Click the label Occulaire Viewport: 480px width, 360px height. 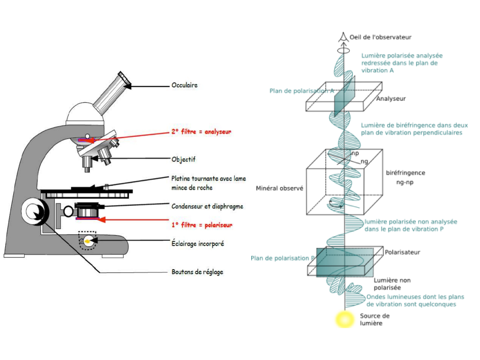pyautogui.click(x=184, y=85)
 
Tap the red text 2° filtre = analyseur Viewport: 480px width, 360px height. pyautogui.click(x=201, y=132)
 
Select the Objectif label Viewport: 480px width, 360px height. pyautogui.click(x=183, y=159)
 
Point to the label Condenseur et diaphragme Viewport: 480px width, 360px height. pyautogui.click(x=207, y=206)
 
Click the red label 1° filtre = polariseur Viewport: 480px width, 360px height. pyautogui.click(x=202, y=225)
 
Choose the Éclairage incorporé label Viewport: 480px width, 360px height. pyautogui.click(x=198, y=243)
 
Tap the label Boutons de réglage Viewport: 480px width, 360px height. pyautogui.click(x=197, y=272)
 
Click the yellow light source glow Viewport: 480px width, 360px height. pyautogui.click(x=345, y=319)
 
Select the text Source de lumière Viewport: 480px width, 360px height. pyautogui.click(x=375, y=319)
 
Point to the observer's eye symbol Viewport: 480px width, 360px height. pyautogui.click(x=343, y=37)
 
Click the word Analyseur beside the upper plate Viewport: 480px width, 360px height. pyautogui.click(x=391, y=98)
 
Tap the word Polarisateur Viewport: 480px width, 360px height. pyautogui.click(x=402, y=252)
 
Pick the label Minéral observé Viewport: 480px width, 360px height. pyautogui.click(x=279, y=188)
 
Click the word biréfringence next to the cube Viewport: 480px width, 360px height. pyautogui.click(x=405, y=172)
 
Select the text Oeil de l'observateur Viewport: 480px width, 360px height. pyautogui.click(x=381, y=37)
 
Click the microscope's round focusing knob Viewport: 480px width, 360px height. pyautogui.click(x=35, y=212)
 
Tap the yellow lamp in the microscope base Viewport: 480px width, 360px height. pyautogui.click(x=88, y=241)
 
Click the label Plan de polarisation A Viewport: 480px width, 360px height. pyautogui.click(x=301, y=91)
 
